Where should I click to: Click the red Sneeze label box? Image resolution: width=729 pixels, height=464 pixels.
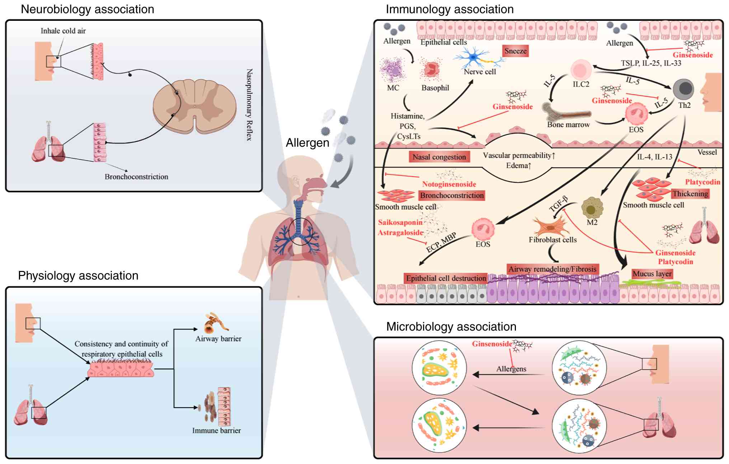(x=515, y=51)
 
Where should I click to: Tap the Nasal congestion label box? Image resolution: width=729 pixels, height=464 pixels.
(x=439, y=157)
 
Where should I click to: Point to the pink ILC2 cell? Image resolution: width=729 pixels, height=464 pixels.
(x=581, y=70)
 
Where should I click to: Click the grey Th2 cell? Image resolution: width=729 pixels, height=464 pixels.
(x=683, y=89)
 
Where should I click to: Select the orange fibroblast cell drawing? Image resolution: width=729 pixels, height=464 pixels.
(x=549, y=226)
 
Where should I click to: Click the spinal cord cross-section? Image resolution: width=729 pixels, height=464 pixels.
(x=194, y=106)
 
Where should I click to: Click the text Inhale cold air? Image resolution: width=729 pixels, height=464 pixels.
(x=63, y=31)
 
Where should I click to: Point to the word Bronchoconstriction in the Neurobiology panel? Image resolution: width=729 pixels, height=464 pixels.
(x=136, y=177)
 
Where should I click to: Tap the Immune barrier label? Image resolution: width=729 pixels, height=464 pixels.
(x=216, y=430)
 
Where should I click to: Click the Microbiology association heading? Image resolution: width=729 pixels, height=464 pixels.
(x=451, y=327)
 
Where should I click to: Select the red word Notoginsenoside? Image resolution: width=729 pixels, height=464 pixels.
(x=449, y=184)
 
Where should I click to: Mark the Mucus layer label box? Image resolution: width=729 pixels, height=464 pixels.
(x=652, y=274)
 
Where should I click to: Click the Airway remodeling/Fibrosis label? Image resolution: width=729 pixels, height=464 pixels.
(x=552, y=269)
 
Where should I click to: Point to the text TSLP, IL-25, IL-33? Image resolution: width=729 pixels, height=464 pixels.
(x=651, y=63)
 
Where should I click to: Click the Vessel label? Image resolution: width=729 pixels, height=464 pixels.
(x=707, y=152)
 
